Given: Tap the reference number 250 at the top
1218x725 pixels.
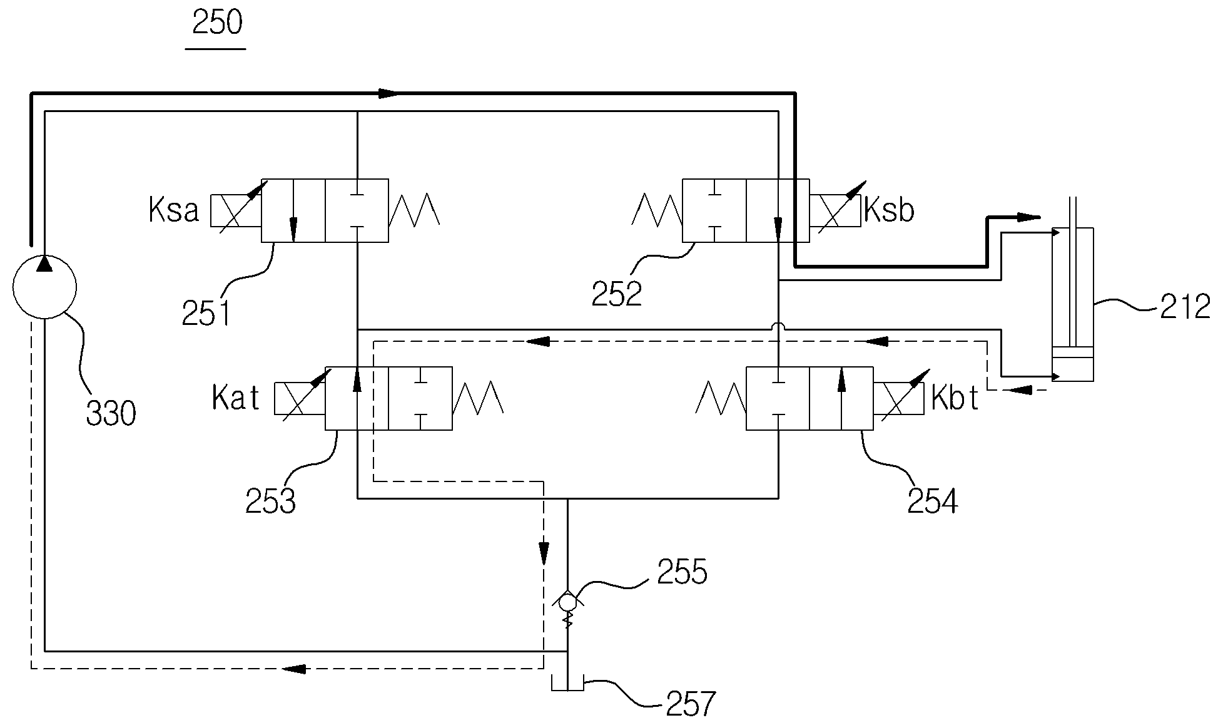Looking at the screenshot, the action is point(217,23).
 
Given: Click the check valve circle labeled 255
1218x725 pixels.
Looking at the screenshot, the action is point(567,602).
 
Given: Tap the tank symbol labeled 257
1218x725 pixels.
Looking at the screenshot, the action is point(567,682).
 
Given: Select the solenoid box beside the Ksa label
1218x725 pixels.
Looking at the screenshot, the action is point(236,210).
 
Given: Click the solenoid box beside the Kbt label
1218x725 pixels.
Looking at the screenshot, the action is point(898,399).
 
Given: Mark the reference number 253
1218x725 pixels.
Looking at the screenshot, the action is point(270,501).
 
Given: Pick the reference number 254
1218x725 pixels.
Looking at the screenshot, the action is point(933,501).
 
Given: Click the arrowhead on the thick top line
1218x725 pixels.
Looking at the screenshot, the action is point(388,94).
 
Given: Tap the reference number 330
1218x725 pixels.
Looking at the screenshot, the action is point(111,414).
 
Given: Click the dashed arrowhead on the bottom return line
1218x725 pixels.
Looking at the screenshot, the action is point(295,669).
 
